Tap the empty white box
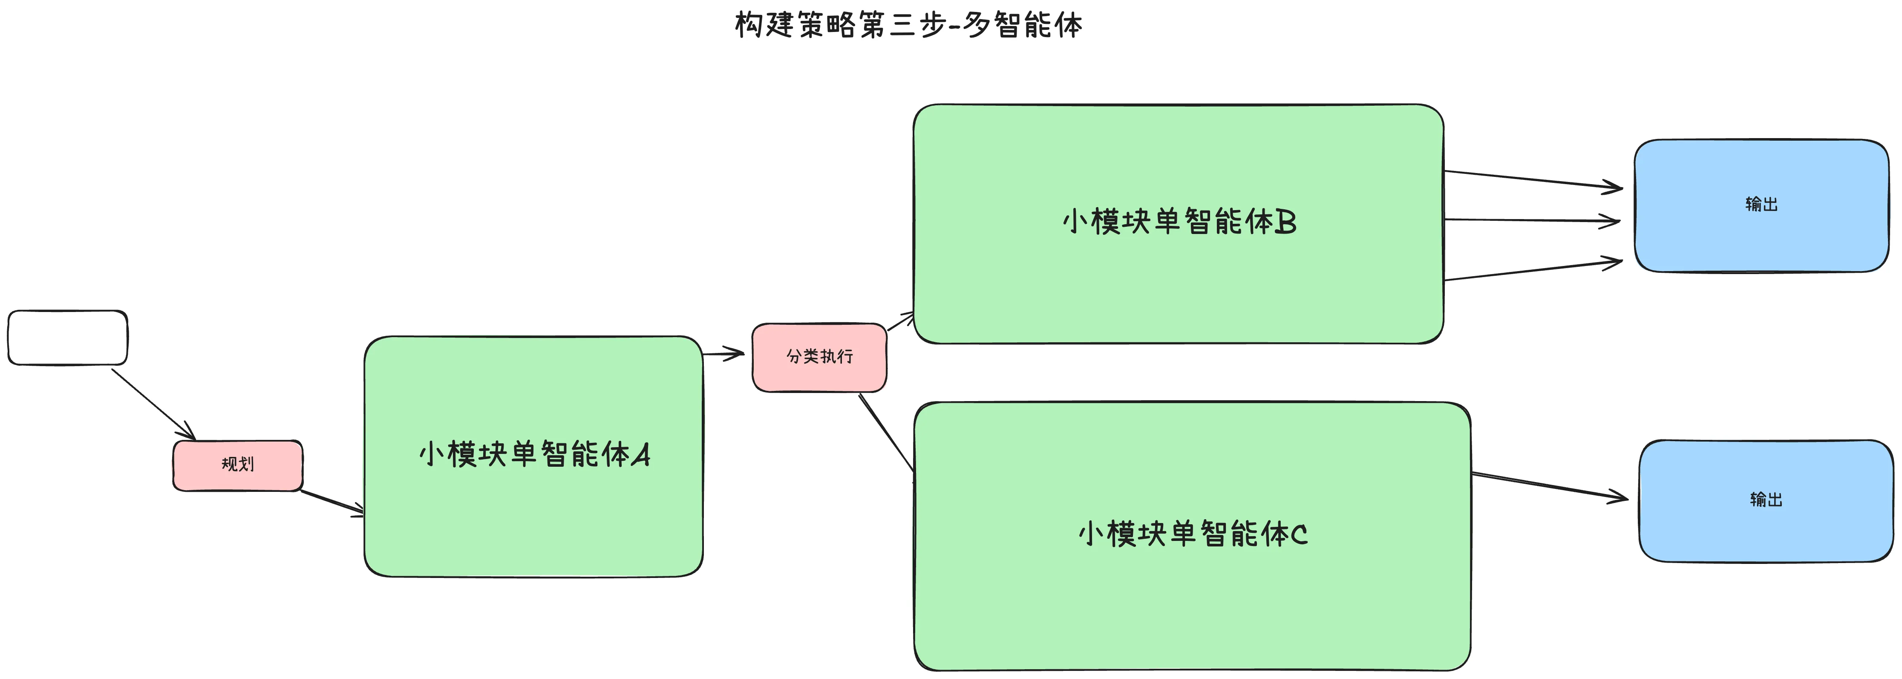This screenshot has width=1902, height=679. (67, 338)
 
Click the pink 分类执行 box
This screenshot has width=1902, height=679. (819, 357)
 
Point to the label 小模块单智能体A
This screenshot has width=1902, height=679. (534, 454)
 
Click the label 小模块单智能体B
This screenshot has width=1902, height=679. (1179, 222)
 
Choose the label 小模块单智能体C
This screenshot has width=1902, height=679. (1193, 534)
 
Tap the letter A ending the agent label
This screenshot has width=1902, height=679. (641, 455)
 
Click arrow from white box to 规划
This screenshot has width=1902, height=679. (153, 404)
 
